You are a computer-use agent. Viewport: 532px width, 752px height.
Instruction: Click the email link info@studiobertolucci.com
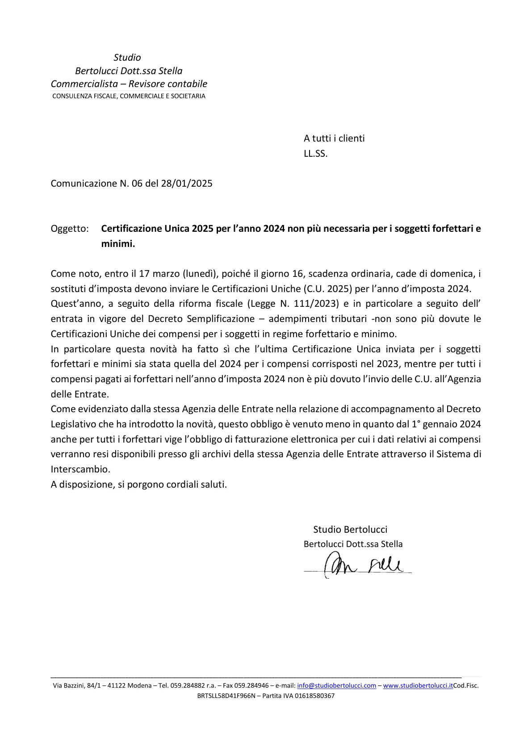click(336, 685)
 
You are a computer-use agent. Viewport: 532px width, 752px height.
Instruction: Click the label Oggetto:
click(70, 229)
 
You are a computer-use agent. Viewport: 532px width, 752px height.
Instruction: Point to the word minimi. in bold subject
click(118, 244)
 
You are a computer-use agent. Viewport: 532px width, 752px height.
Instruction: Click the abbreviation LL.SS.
click(315, 154)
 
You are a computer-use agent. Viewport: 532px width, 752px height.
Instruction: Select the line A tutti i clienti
click(334, 138)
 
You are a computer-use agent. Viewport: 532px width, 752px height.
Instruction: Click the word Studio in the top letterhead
click(127, 58)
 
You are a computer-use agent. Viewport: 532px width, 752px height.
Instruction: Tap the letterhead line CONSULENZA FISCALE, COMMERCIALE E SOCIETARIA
click(129, 96)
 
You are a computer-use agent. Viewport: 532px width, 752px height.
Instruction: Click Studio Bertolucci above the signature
click(350, 530)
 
